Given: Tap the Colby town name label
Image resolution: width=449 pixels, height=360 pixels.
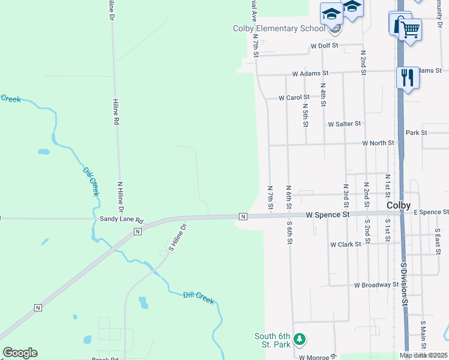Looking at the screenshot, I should coord(399,205).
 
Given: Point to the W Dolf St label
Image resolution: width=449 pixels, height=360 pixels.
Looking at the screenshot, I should coord(325,46).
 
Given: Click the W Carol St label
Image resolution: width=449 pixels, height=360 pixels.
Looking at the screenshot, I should coord(294,97).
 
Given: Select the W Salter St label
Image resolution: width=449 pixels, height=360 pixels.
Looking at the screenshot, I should coord(344,124).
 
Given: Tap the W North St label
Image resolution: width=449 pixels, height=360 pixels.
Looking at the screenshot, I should coord(378,143).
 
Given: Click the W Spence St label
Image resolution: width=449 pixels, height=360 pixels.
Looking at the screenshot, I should coord(327,214).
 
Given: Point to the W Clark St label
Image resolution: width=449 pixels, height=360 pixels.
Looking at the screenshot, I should coord(345,244).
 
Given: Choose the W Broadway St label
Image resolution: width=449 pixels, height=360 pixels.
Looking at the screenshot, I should coord(376,285).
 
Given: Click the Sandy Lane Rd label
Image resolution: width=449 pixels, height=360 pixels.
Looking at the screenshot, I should coord(122,220).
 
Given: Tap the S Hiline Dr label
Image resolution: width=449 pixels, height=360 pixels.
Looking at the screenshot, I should coord(178,237).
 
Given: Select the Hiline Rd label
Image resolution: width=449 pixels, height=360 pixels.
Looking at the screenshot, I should coord(116,112).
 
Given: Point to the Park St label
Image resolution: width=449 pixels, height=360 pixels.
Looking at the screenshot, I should coord(416,133).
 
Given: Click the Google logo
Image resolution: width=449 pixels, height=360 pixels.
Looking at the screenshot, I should coord(20,353).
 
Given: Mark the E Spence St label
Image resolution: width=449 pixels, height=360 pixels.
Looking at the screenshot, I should coord(431,212).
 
